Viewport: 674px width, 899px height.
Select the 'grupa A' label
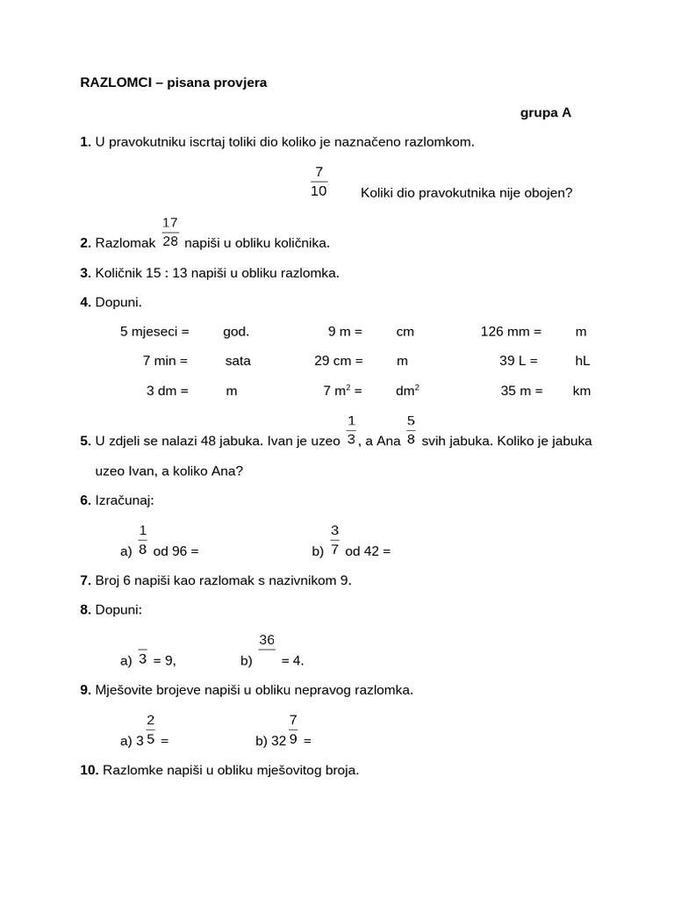point(545,112)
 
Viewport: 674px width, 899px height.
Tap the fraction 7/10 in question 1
point(319,182)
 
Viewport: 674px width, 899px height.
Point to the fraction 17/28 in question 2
point(170,232)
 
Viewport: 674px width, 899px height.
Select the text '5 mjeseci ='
point(154,331)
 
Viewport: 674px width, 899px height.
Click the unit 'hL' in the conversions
point(582,360)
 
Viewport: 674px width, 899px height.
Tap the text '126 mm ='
point(511,331)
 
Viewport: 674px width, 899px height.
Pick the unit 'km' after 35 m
point(581,391)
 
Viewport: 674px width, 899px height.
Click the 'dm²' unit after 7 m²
point(407,391)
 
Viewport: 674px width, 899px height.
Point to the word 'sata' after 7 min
point(238,360)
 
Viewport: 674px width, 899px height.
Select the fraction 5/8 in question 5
point(411,430)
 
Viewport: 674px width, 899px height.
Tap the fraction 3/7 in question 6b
point(334,540)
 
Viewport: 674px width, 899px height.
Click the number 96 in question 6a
point(181,551)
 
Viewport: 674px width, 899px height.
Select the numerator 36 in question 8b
point(267,641)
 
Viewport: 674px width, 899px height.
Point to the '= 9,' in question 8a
point(164,660)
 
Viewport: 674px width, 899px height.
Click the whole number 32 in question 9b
point(278,740)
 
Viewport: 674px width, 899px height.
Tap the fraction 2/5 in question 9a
point(151,730)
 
